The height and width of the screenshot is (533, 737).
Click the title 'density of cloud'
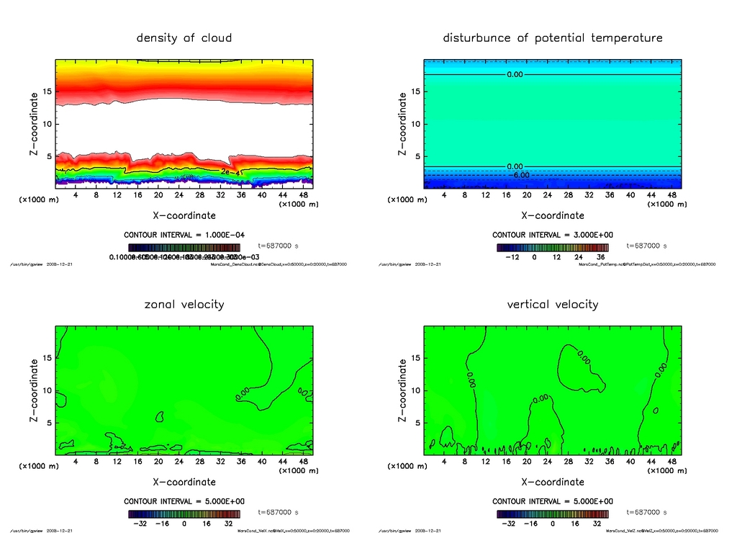pos(184,37)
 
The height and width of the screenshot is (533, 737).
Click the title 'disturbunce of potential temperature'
pos(553,37)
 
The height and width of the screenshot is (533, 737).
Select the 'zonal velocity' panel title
pos(184,304)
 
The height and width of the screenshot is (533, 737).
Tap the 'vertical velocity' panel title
pos(553,304)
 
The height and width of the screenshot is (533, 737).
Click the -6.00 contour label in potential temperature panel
pos(520,175)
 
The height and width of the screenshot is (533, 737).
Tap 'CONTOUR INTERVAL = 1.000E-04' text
pos(184,235)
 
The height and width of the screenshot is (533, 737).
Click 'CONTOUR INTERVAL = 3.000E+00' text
pos(553,235)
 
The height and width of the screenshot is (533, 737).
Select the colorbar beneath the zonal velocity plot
pos(184,514)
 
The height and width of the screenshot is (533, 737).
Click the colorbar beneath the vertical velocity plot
pos(553,514)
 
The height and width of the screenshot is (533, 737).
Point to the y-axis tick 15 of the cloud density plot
pos(48,91)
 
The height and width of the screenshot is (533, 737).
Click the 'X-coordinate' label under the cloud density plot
pos(184,215)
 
